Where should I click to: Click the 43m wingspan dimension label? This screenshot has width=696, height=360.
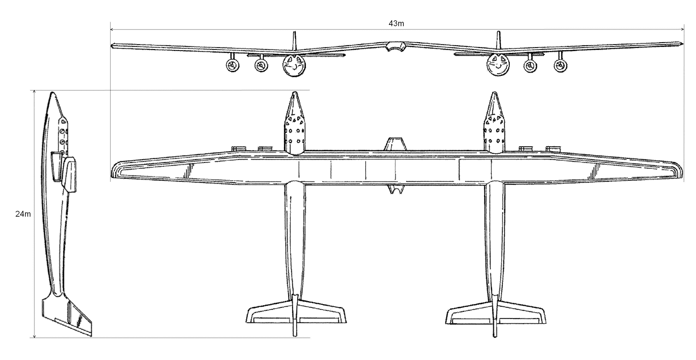click(x=396, y=24)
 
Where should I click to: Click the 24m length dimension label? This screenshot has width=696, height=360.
click(x=23, y=214)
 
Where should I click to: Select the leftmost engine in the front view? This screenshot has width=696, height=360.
click(x=232, y=65)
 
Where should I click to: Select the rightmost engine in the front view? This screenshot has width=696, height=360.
click(x=560, y=65)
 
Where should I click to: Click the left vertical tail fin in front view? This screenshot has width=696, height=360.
click(x=294, y=40)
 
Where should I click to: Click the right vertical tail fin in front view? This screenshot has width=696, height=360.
click(x=499, y=40)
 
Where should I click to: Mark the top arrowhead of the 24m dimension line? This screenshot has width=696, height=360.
click(x=34, y=91)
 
